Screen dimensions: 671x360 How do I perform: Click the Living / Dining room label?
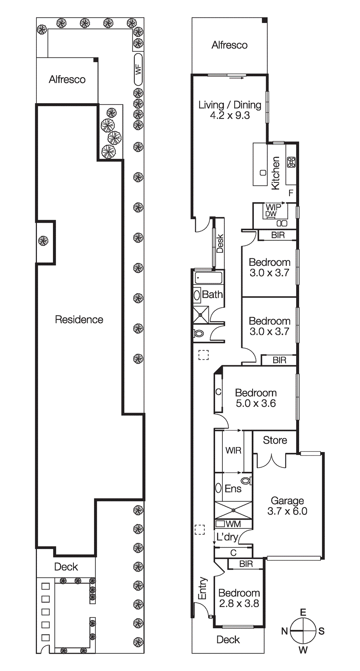[230, 110]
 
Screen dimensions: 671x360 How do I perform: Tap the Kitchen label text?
[276, 173]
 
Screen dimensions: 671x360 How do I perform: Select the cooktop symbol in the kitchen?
[291, 162]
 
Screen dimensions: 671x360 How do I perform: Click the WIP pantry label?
[273, 207]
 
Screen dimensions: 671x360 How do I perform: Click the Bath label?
[212, 294]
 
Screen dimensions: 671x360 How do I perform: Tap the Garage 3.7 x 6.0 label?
[287, 506]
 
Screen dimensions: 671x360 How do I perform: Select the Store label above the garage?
[275, 440]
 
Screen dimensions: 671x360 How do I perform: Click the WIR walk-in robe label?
[233, 450]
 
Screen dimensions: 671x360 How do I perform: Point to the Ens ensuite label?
[233, 489]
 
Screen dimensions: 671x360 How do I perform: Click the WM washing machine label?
[233, 524]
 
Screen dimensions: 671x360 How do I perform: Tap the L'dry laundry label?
[227, 537]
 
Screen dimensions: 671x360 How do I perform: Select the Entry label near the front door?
[203, 588]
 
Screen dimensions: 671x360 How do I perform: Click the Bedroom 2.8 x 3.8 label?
[239, 598]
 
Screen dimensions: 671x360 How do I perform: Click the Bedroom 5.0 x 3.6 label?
[256, 398]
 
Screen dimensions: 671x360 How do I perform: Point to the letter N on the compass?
[284, 631]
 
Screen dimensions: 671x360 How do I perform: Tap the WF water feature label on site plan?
[138, 69]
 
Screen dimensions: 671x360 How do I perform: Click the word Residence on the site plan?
[79, 320]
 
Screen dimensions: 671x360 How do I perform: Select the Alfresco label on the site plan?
[67, 79]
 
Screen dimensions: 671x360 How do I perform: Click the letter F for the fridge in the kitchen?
[291, 193]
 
